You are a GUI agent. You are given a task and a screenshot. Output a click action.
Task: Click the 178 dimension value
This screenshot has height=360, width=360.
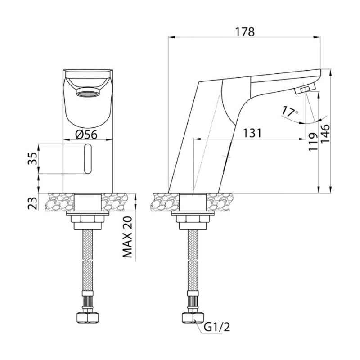[245, 32]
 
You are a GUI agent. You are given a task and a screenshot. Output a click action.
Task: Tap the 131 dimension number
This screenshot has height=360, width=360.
[252, 133]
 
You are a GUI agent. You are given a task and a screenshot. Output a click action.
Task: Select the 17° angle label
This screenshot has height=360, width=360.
[290, 111]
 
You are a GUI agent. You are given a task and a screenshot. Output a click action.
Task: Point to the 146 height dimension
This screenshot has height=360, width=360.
[325, 134]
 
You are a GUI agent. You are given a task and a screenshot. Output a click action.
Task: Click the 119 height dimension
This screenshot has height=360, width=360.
[313, 142]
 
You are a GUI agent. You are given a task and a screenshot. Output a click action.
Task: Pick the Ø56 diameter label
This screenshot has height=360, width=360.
[86, 134]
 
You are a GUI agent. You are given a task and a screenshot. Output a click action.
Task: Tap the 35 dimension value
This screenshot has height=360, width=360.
[32, 158]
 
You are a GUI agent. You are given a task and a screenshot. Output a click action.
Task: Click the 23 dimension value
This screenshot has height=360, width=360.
[32, 203]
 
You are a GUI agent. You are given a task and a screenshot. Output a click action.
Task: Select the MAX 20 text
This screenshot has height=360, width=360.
[128, 237]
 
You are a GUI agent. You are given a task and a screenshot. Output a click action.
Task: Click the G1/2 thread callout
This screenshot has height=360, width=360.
[217, 328]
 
